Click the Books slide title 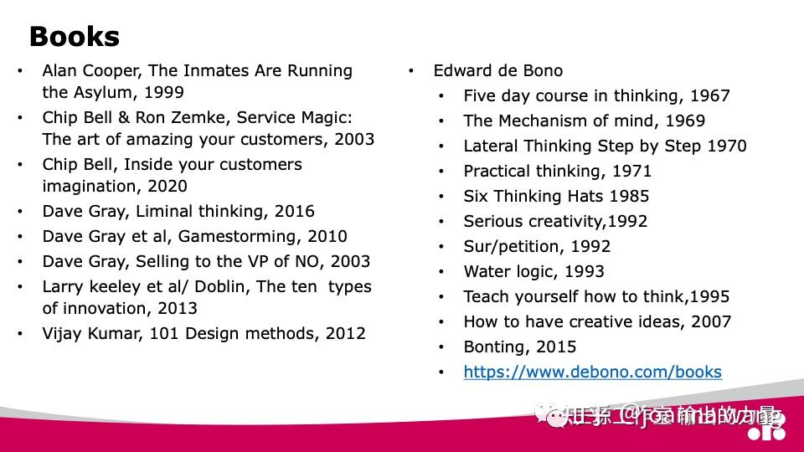point(74,37)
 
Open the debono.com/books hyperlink point(592,372)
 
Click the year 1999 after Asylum point(165,93)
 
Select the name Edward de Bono point(497,71)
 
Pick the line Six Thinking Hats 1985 point(556,197)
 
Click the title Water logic point(508,272)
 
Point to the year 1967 point(710,96)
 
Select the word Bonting point(495,347)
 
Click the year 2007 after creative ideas point(711,322)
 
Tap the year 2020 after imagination point(167,187)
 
